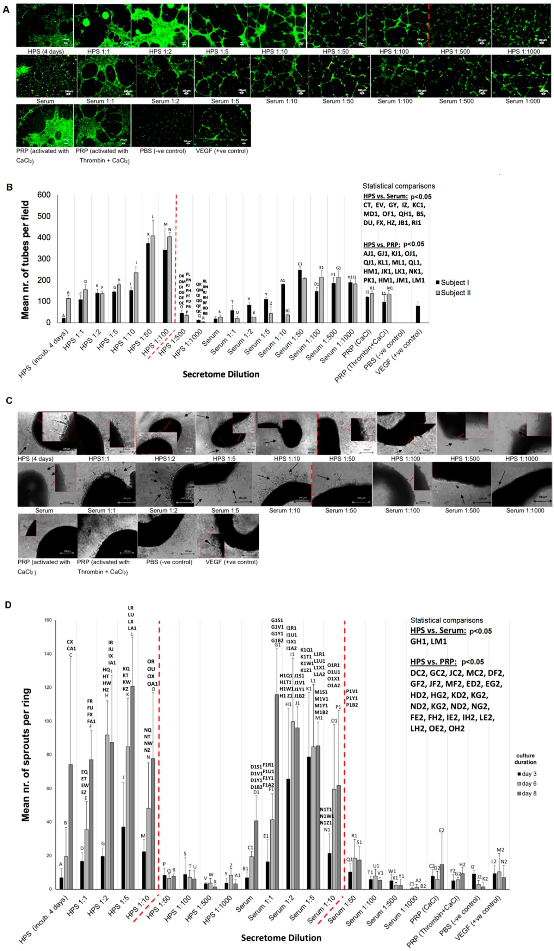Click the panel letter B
10,187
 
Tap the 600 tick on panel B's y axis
44,195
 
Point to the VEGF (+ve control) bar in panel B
417,314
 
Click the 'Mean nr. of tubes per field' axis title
25,260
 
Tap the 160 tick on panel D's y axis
48,620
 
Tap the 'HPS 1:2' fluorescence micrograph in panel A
160,26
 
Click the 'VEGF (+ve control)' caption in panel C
231,562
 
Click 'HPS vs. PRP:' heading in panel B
382,245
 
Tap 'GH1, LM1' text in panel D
428,641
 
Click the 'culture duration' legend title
525,759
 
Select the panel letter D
8,605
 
